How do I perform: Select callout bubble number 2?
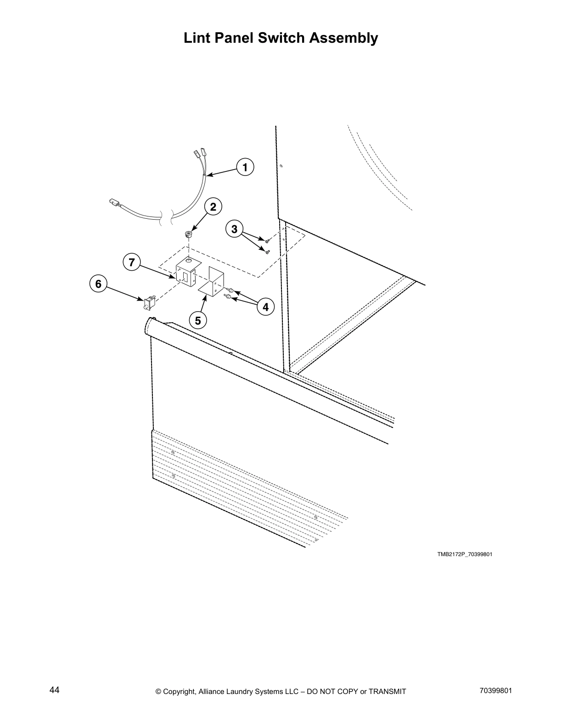(213, 207)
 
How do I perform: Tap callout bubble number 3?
(235, 229)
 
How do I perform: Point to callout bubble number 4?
(265, 307)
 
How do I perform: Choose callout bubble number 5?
(198, 320)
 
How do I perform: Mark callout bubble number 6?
(98, 284)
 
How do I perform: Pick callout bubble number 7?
(132, 262)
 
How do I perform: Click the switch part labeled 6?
(149, 302)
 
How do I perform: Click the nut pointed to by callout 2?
(189, 234)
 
